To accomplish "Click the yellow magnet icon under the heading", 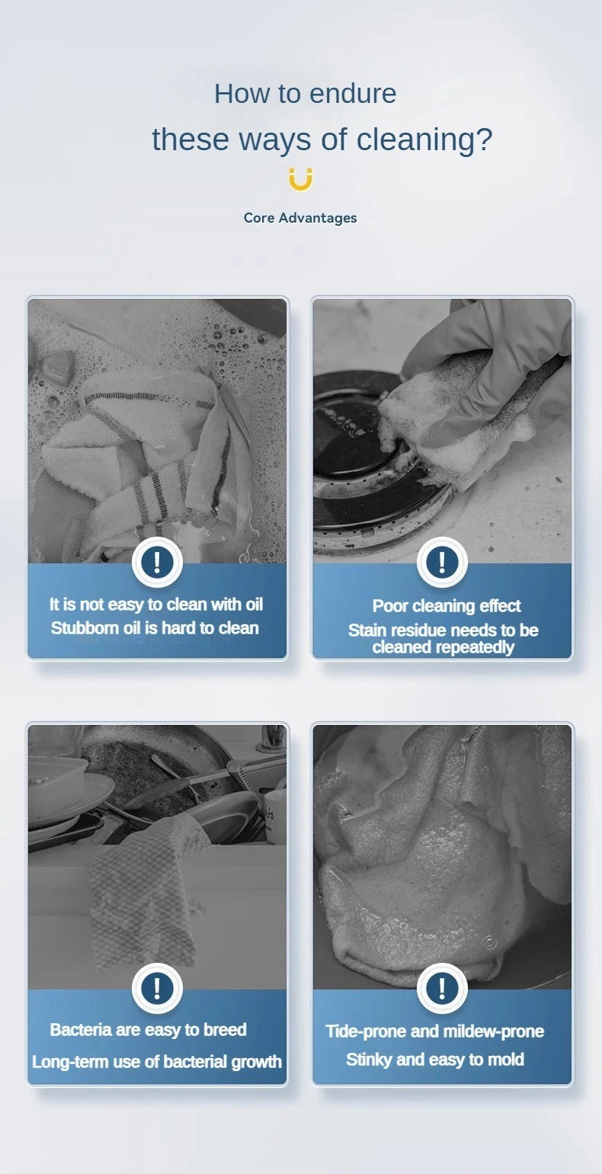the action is tap(300, 179).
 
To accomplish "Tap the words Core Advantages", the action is tap(300, 218).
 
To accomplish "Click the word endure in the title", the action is tap(353, 95).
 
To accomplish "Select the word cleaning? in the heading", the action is tap(424, 140).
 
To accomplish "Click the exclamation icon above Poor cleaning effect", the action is tap(442, 561).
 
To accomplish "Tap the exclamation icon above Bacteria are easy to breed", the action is tap(157, 988).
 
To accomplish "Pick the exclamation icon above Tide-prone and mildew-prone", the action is tap(442, 988).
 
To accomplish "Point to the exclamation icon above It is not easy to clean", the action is tap(157, 561).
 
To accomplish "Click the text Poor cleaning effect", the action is tap(447, 606).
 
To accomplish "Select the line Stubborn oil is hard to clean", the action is tap(155, 628).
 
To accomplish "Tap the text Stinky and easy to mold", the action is tap(435, 1060).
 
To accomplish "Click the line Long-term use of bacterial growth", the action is tap(157, 1062).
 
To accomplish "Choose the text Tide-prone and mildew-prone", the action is tap(435, 1031).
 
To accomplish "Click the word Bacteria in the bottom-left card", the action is tap(81, 1030).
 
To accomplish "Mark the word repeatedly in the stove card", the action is tap(469, 648).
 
